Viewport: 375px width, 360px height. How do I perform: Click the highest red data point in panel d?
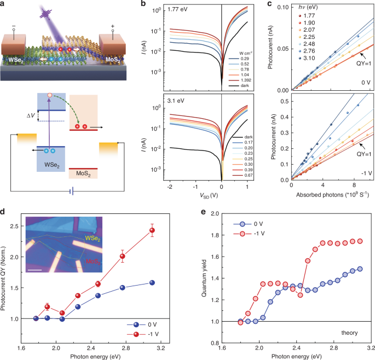(136, 230)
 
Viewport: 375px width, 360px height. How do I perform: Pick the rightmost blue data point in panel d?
(137, 282)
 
